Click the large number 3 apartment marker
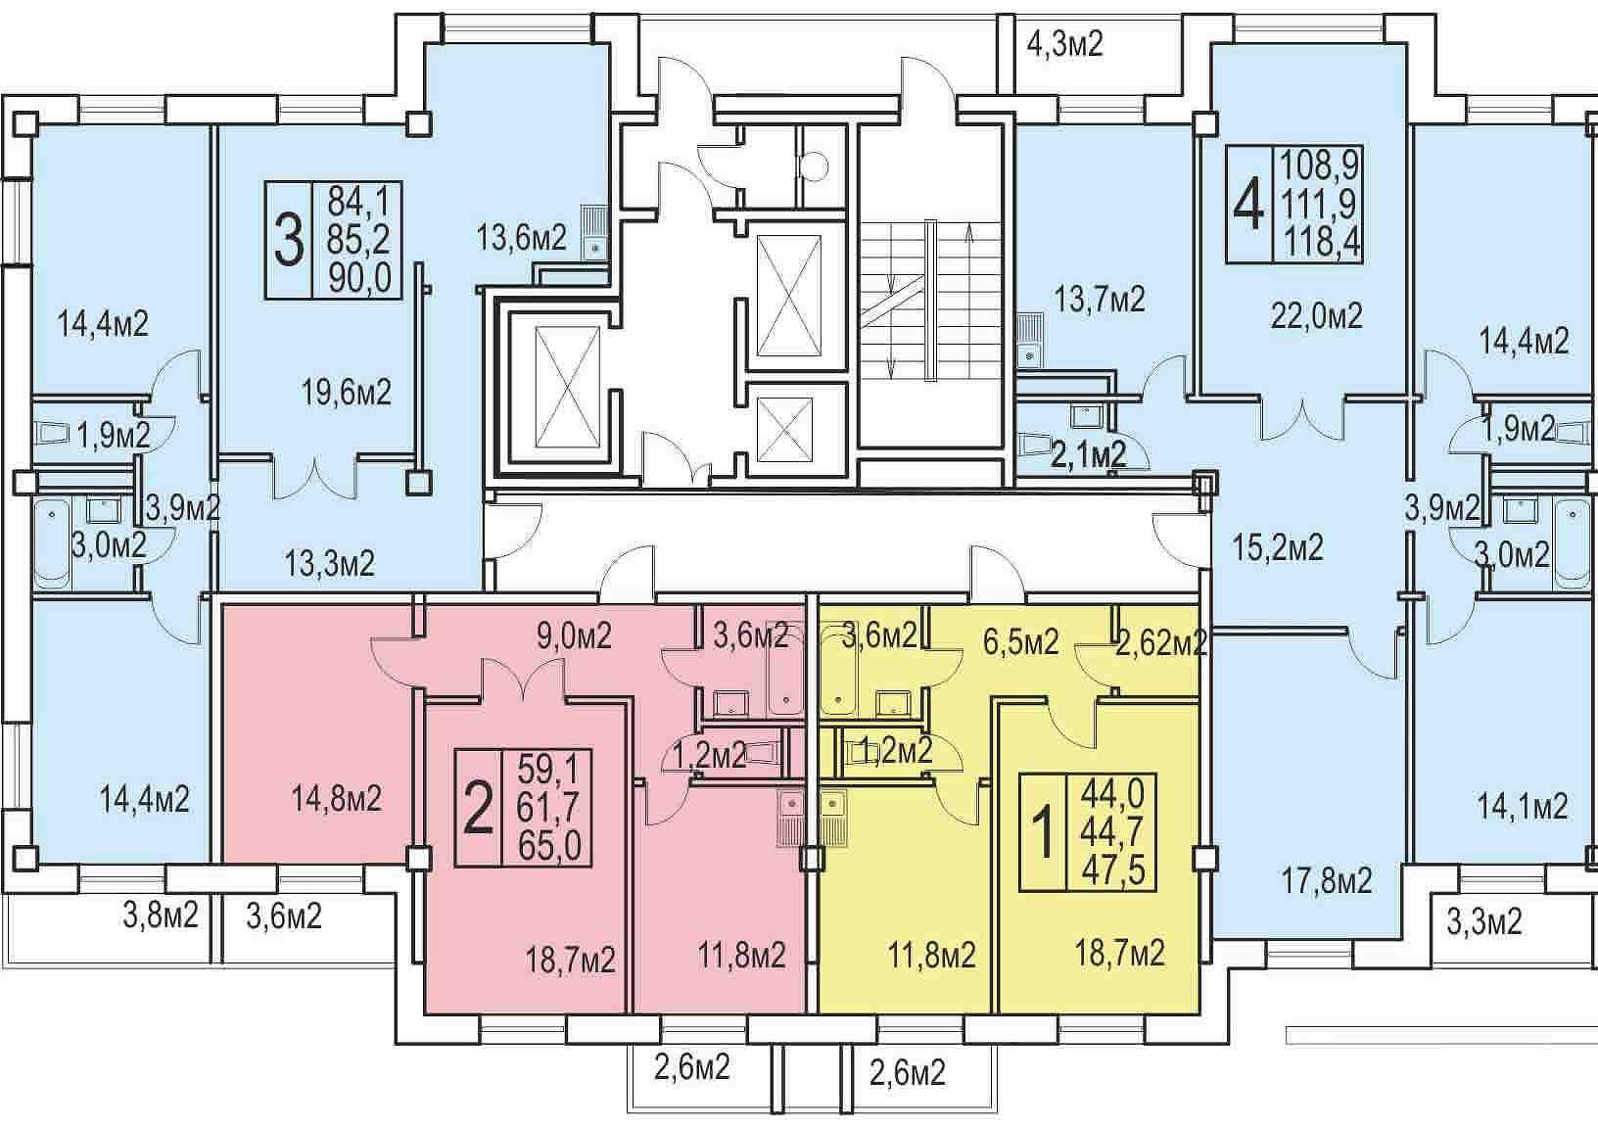coord(289,241)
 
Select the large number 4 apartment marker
coord(1249,205)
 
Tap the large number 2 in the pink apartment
coord(478,809)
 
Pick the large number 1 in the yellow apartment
coord(1043,832)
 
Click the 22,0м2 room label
coord(1316,316)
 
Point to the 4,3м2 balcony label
coord(1065,44)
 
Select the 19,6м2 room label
coord(347,393)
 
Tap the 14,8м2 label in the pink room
coord(337,798)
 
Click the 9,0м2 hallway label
coord(574,635)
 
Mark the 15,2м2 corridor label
coord(1278,548)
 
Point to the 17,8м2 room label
coord(1327,882)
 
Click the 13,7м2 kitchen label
coord(1100,300)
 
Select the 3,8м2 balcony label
coord(160,915)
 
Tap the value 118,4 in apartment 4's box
coord(1322,243)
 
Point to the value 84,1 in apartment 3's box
coord(358,204)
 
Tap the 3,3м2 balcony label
coord(1484,921)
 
